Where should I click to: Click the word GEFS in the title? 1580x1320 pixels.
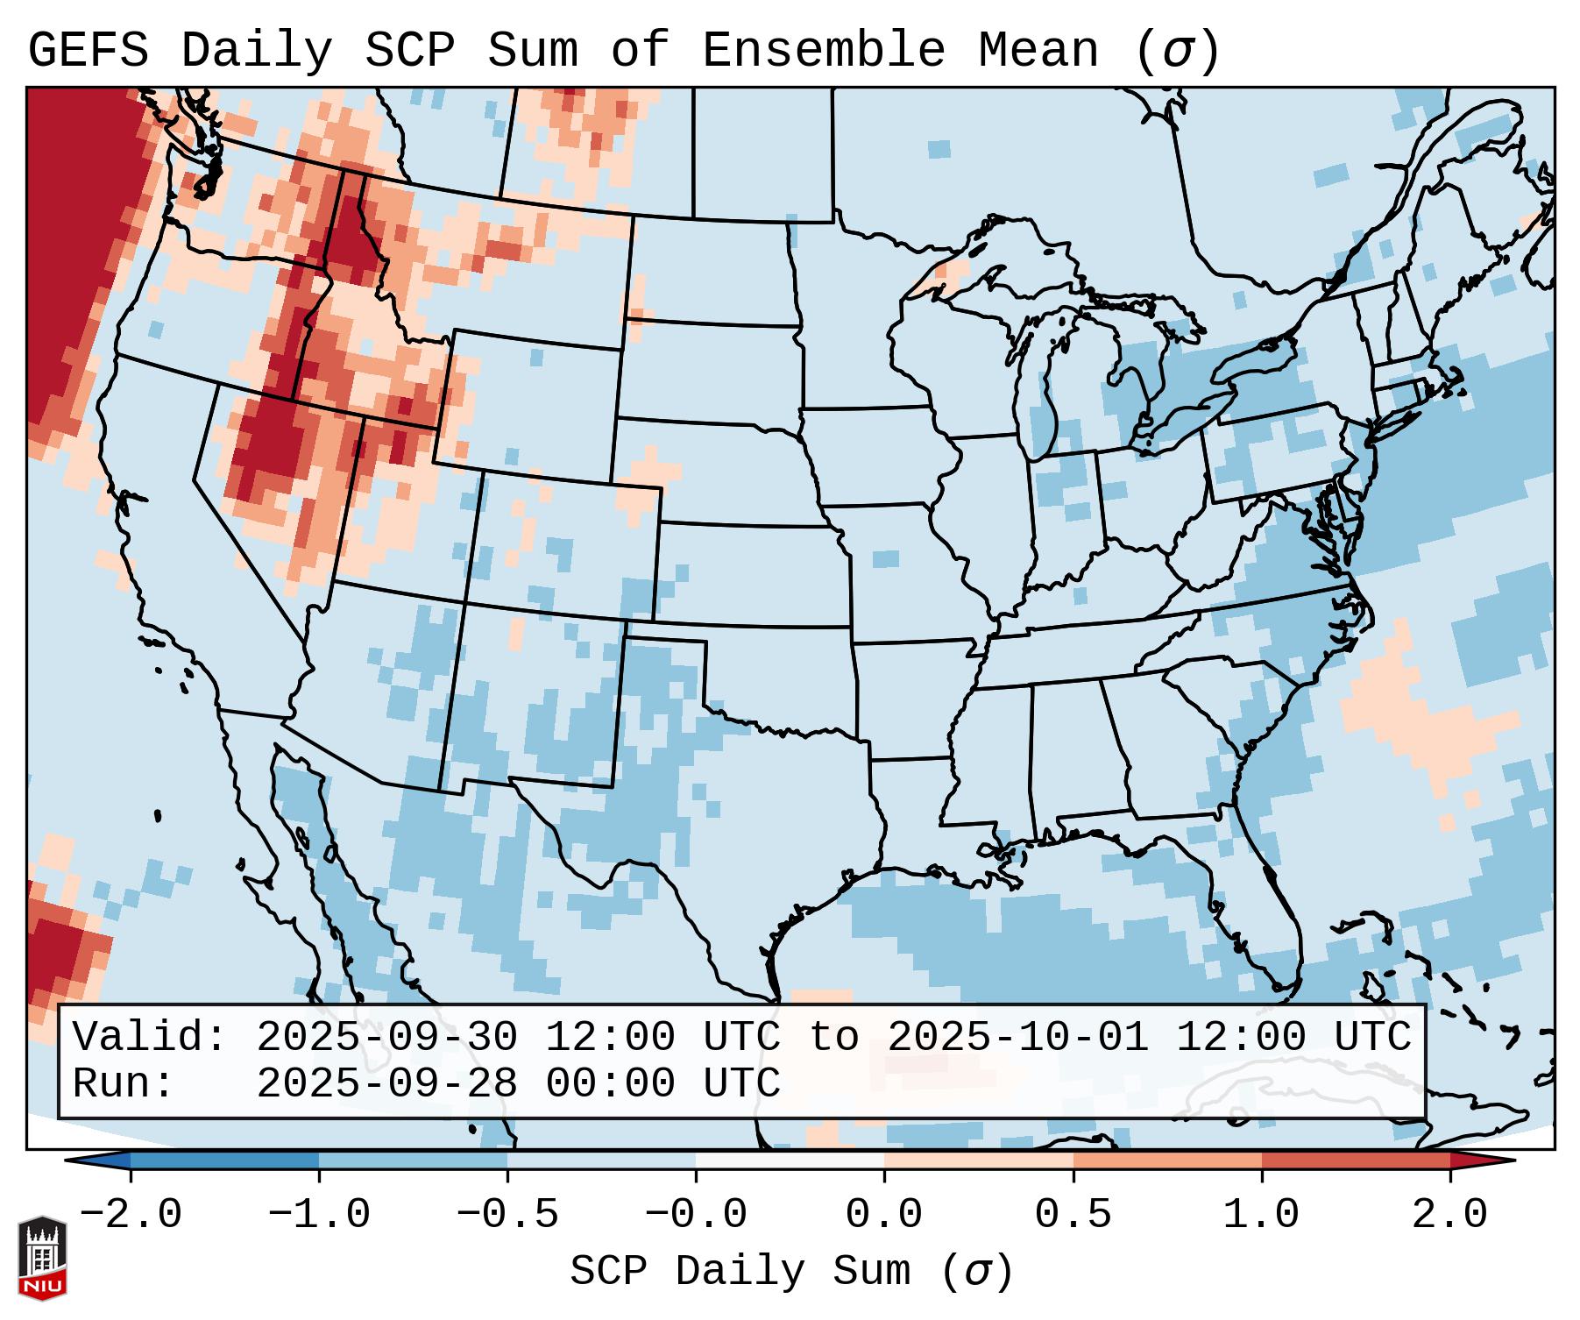pos(88,51)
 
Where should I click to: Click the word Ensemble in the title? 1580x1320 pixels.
pos(823,51)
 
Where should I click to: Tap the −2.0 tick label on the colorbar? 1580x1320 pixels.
pos(131,1215)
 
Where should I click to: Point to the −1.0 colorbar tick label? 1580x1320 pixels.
pos(319,1215)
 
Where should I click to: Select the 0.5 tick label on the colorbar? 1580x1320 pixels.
pos(1073,1215)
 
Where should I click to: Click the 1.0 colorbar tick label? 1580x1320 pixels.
pos(1261,1215)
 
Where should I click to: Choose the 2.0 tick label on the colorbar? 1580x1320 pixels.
pos(1449,1215)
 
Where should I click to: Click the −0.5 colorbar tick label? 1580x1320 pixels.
pos(507,1215)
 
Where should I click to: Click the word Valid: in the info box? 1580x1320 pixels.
pos(150,1038)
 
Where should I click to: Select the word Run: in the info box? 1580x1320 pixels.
pos(124,1084)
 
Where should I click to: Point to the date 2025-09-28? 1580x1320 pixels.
pos(386,1084)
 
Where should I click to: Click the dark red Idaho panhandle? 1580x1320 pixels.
pos(356,228)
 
